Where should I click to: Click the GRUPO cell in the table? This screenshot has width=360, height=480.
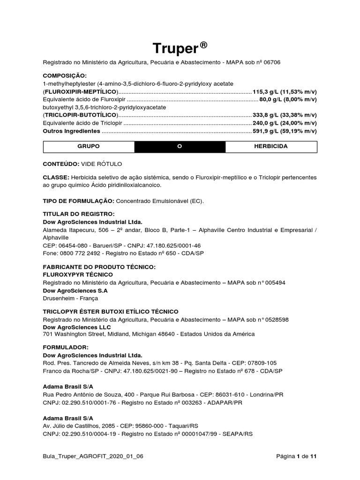[89, 147]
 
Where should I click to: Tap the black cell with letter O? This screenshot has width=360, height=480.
[180, 147]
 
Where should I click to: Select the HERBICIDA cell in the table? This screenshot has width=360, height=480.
[270, 147]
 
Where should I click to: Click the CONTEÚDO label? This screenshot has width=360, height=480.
[61, 164]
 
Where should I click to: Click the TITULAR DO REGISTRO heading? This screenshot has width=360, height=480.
[79, 214]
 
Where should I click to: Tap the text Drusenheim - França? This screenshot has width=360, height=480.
[70, 298]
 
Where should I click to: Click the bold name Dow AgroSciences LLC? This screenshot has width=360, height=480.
[77, 327]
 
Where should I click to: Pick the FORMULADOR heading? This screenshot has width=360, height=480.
[65, 348]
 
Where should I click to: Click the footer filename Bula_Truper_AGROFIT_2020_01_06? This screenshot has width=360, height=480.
[93, 456]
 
